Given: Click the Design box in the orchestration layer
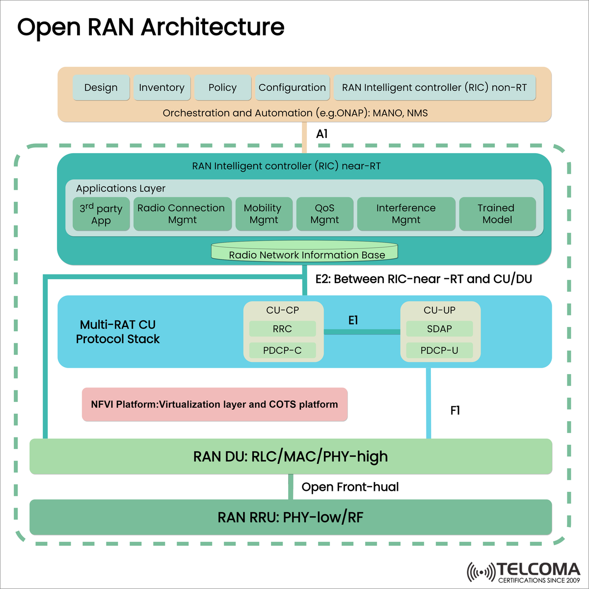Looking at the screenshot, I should coord(101,88).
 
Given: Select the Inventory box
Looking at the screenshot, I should coord(161,88).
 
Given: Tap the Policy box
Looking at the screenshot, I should coord(222,88).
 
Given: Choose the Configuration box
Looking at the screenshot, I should coord(292,88).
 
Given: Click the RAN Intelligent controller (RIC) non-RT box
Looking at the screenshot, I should coord(434,88).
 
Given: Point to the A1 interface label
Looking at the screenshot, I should coord(322,134).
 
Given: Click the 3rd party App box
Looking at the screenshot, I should coord(101,214).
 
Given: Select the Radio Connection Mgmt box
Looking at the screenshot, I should coord(182,214).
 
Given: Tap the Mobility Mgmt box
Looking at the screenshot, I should coord(264,214).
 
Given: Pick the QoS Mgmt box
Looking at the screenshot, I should coord(324,214).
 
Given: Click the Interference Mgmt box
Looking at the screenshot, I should coord(406,214).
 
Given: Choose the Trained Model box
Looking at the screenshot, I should coord(497,214).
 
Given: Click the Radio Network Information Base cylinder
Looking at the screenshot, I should coord(304,252).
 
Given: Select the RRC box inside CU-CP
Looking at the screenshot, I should coord(282,329).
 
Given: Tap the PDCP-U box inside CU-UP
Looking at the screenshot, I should coord(439,350).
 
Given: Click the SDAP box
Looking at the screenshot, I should coord(439,329).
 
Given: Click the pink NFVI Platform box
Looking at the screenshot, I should coord(214,404).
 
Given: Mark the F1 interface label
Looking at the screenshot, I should coord(455,410).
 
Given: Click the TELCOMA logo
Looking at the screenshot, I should coord(524,572).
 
